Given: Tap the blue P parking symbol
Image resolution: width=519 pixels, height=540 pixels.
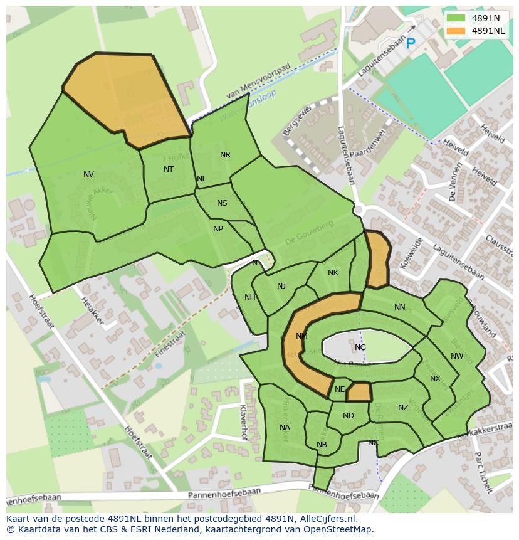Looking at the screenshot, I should [411, 43].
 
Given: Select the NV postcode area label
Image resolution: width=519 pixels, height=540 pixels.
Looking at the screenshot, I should [88, 174].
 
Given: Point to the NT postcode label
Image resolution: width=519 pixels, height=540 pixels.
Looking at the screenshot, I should [169, 169].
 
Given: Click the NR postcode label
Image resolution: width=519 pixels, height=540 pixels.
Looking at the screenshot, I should [225, 155].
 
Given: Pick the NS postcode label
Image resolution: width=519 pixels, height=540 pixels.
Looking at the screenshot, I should [222, 203].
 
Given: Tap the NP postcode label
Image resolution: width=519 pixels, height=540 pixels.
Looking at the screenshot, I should [218, 229].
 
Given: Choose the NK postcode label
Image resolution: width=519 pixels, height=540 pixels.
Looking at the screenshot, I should [333, 273].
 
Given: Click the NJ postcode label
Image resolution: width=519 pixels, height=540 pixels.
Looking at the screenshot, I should [281, 286].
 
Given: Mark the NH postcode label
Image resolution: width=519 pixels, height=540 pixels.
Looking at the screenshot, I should [250, 297].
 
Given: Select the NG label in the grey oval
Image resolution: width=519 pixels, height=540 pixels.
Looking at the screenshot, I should [360, 347].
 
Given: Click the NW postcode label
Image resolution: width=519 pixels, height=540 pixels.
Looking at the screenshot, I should [457, 356].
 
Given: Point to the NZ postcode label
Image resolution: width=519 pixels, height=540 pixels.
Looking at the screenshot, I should [403, 408].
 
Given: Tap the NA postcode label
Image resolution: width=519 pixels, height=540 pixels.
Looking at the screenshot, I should [285, 428].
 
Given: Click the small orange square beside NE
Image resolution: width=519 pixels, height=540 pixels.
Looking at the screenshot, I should [359, 392].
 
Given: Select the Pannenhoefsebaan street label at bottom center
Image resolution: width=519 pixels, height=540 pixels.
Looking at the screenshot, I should [229, 495].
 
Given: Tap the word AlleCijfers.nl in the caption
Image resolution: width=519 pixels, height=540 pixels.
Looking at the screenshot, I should [326, 519].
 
